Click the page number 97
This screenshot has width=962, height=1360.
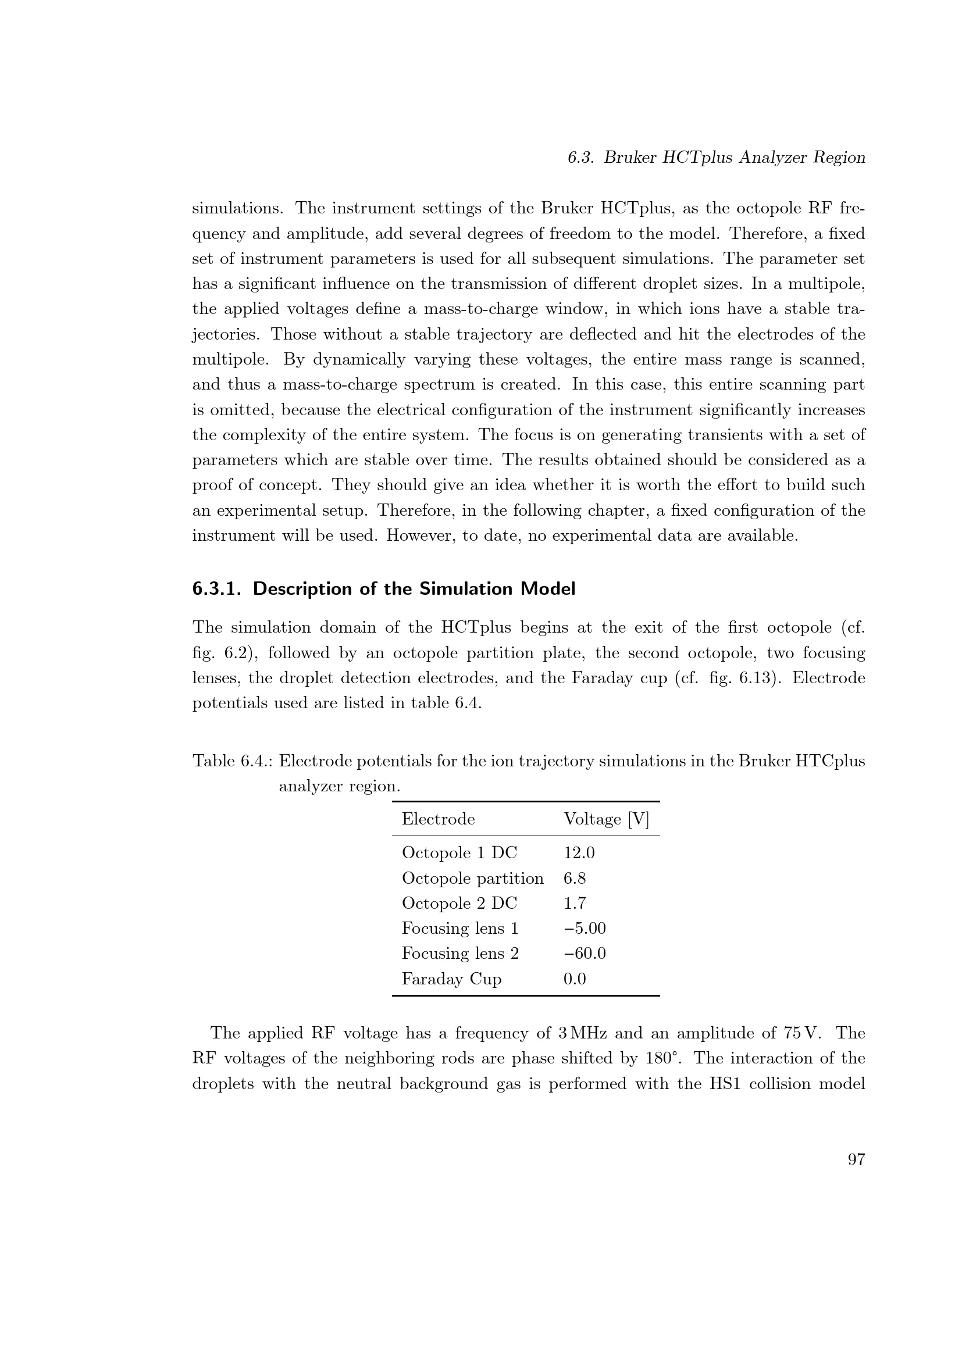(857, 1160)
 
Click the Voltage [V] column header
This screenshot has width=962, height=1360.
(606, 819)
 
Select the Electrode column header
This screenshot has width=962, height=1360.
(439, 819)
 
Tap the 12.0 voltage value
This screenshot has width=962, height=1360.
(579, 853)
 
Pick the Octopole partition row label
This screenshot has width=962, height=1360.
(473, 879)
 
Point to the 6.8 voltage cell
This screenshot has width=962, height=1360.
(575, 879)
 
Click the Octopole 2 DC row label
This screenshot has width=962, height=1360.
(459, 904)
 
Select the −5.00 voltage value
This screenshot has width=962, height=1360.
(585, 928)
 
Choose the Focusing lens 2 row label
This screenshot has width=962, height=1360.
(460, 954)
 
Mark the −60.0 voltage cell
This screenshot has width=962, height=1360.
(585, 954)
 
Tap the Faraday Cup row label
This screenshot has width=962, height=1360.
(451, 979)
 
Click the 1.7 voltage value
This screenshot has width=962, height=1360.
(575, 904)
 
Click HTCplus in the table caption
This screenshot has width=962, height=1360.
(830, 761)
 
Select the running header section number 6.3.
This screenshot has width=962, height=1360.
(580, 158)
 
